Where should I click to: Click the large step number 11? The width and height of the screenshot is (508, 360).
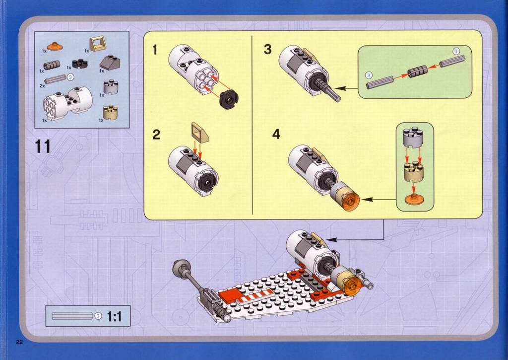click(43, 146)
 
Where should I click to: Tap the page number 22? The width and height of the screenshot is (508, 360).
click(19, 342)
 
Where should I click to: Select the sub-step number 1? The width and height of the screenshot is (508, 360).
click(155, 50)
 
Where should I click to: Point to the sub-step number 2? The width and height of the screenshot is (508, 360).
click(156, 135)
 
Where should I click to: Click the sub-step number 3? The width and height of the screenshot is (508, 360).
click(267, 49)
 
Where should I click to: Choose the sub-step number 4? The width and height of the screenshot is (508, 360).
click(276, 134)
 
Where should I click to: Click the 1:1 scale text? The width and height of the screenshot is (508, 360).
click(115, 316)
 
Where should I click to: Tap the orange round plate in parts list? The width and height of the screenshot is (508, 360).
click(55, 46)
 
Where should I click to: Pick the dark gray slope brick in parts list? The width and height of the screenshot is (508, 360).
click(110, 62)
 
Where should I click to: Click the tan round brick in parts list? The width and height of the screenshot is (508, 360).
click(110, 113)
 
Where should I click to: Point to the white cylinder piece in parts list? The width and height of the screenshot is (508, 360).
click(67, 103)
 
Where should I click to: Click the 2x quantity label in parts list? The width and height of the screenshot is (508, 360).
click(42, 85)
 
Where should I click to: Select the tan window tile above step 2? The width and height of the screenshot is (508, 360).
click(200, 132)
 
